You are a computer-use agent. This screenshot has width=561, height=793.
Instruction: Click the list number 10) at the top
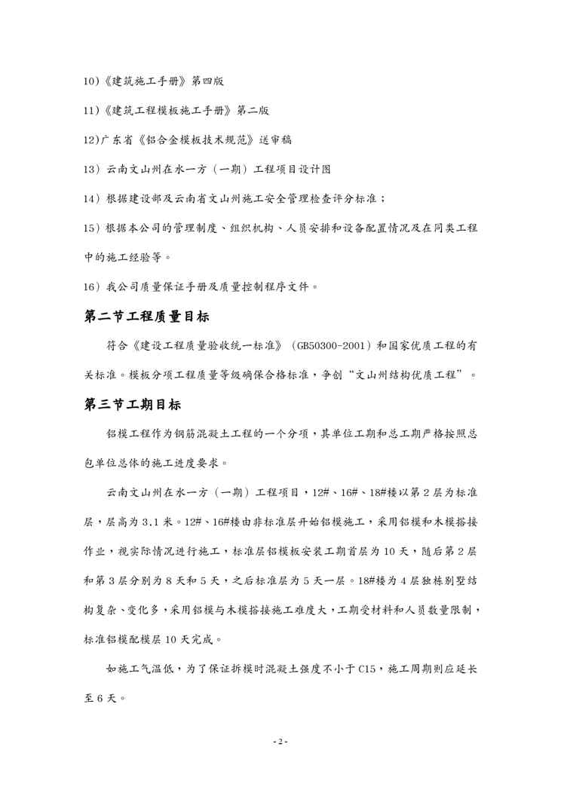91,81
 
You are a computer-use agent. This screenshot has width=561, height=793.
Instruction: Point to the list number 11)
91,111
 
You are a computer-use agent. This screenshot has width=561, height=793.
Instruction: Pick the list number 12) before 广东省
91,140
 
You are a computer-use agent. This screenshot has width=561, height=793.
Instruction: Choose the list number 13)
91,169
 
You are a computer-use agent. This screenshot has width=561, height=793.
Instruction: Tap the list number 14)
91,198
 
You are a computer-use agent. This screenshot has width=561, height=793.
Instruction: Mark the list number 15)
91,228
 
